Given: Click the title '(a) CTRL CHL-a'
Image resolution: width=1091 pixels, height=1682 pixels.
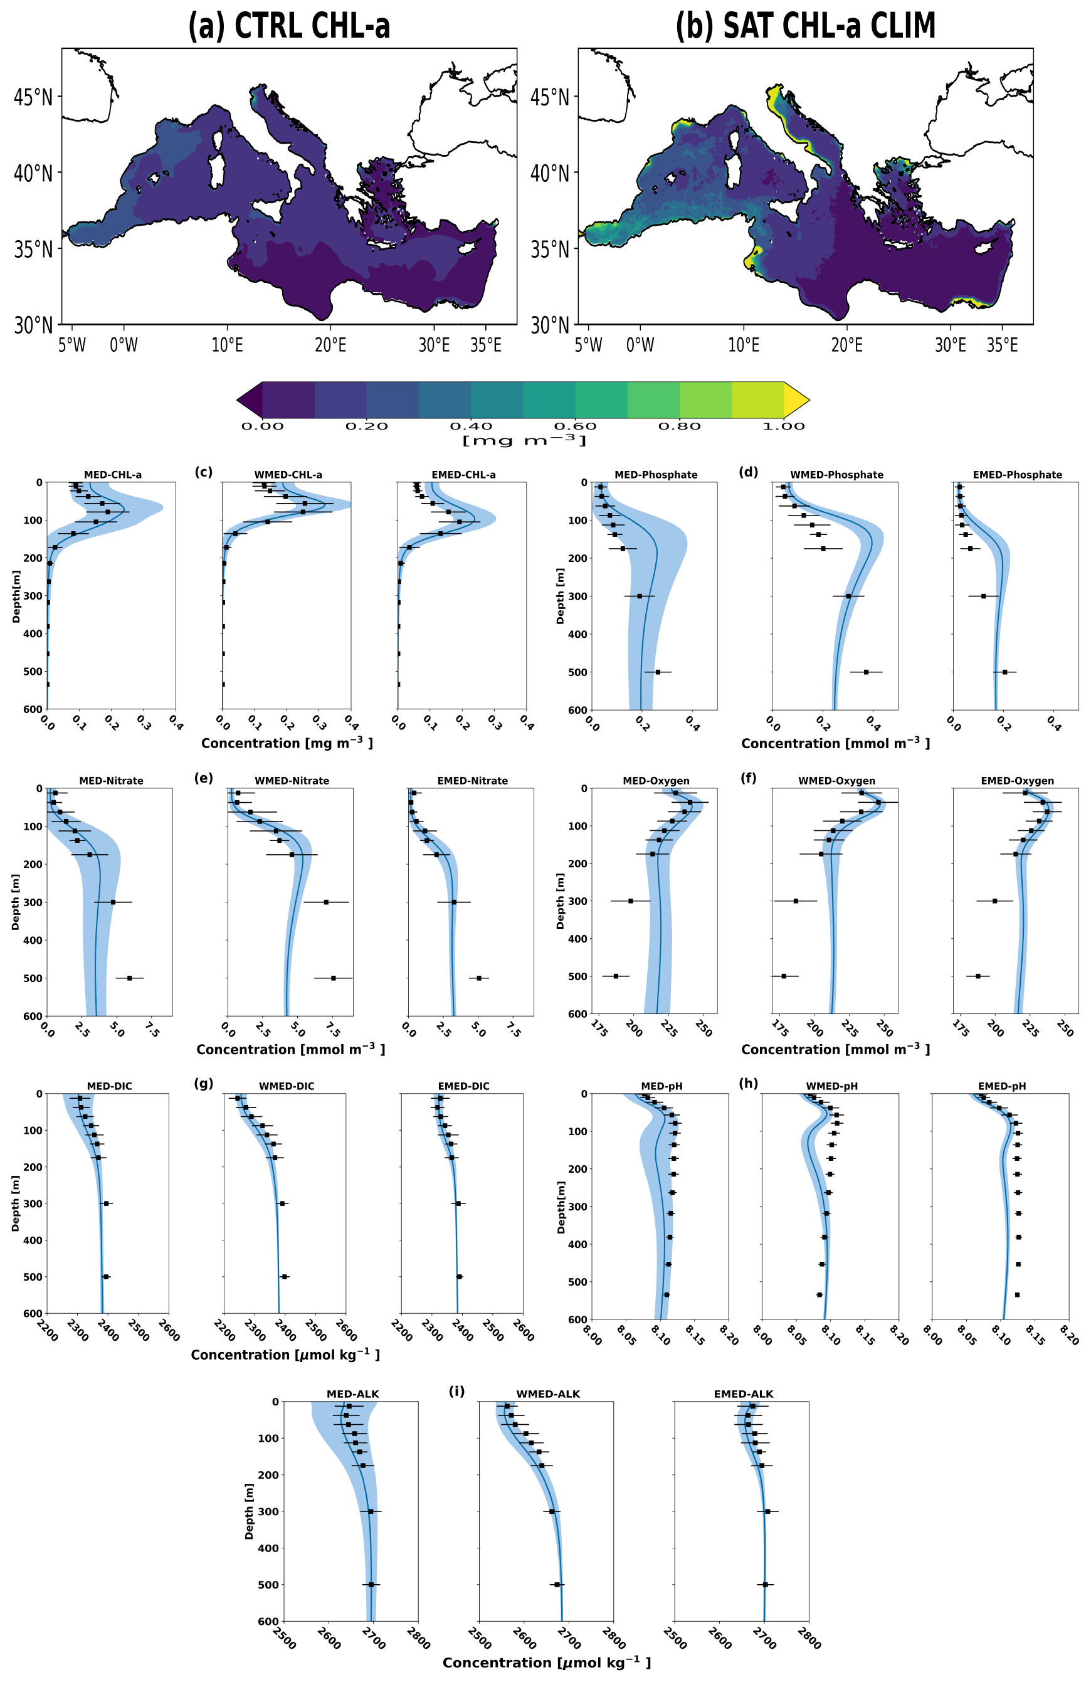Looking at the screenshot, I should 288,26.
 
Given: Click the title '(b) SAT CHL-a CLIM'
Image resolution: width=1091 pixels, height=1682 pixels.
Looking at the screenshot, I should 805,26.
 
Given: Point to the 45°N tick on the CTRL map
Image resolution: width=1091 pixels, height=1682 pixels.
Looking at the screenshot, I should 33,97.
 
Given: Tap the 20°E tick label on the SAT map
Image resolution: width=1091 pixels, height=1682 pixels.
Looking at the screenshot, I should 846,345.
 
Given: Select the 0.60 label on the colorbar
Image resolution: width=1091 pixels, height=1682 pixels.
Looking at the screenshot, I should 575,426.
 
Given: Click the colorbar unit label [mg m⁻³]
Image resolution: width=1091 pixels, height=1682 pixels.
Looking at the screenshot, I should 524,441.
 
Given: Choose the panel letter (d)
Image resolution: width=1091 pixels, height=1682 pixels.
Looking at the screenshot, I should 747,472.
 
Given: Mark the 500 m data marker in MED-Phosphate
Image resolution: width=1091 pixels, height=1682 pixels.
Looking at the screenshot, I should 657,672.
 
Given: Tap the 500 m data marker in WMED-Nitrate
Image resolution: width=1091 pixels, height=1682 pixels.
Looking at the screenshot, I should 334,978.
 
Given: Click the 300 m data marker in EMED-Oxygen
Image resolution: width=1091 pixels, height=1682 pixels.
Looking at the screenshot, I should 995,901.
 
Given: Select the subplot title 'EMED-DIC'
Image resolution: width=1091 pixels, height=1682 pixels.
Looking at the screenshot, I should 463,1086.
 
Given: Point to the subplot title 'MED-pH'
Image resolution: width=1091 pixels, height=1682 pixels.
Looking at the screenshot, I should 661,1086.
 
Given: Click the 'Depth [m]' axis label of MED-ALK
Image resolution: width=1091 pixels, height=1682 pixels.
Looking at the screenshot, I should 249,1511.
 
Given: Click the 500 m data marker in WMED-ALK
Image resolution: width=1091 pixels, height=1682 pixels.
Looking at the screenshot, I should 557,1584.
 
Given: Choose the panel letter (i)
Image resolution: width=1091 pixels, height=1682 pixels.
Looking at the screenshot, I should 456,1392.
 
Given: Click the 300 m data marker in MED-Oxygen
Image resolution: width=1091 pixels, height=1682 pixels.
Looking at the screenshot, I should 630,901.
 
